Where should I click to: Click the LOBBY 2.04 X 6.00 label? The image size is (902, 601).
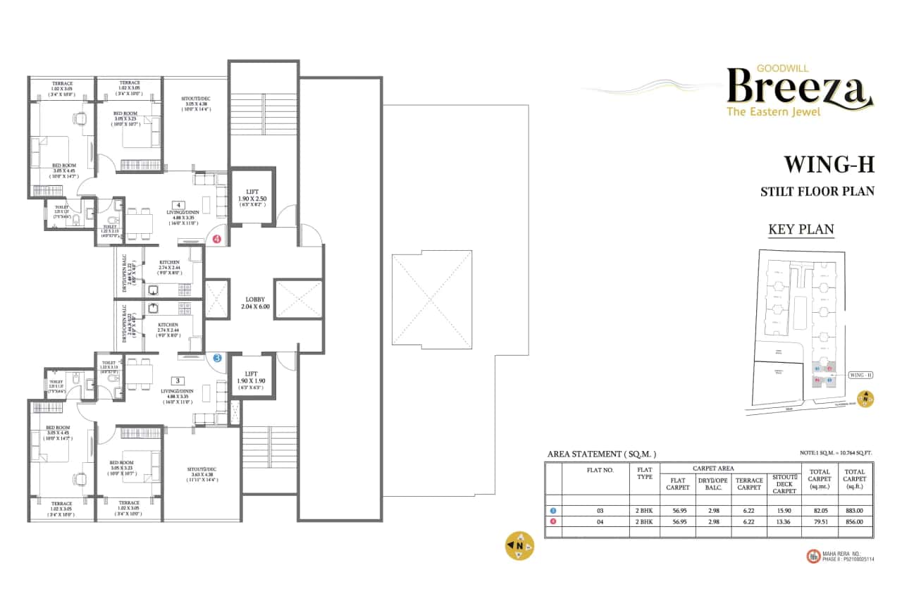point(254,303)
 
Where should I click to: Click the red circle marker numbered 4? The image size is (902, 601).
point(217,240)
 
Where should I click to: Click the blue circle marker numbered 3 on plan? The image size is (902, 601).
point(217,358)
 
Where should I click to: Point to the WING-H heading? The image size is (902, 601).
point(829,165)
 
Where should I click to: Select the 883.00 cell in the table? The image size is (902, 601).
point(855,510)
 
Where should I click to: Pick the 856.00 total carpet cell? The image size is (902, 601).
point(855,522)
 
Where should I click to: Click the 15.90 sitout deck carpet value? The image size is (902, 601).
point(784,510)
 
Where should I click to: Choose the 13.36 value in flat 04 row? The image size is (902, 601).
point(784,522)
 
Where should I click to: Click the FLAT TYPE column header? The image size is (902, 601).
point(645,472)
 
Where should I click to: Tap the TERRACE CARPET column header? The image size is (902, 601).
point(749,484)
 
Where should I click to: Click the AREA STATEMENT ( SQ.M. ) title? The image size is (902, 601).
point(601,454)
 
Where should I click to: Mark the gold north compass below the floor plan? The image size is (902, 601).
point(520,545)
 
